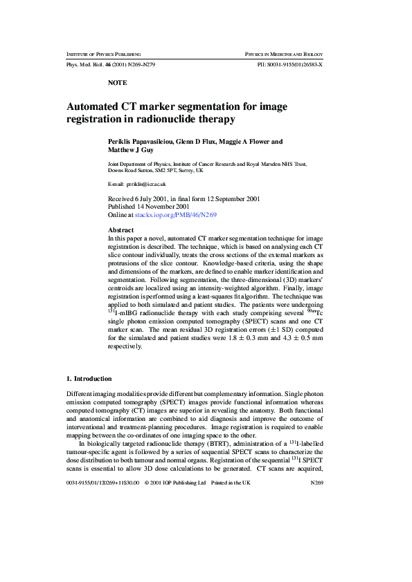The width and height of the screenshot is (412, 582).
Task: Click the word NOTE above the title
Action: click(x=118, y=82)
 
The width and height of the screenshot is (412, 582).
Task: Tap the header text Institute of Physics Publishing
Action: click(x=103, y=53)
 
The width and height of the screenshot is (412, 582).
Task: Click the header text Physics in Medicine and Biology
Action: click(x=284, y=53)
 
